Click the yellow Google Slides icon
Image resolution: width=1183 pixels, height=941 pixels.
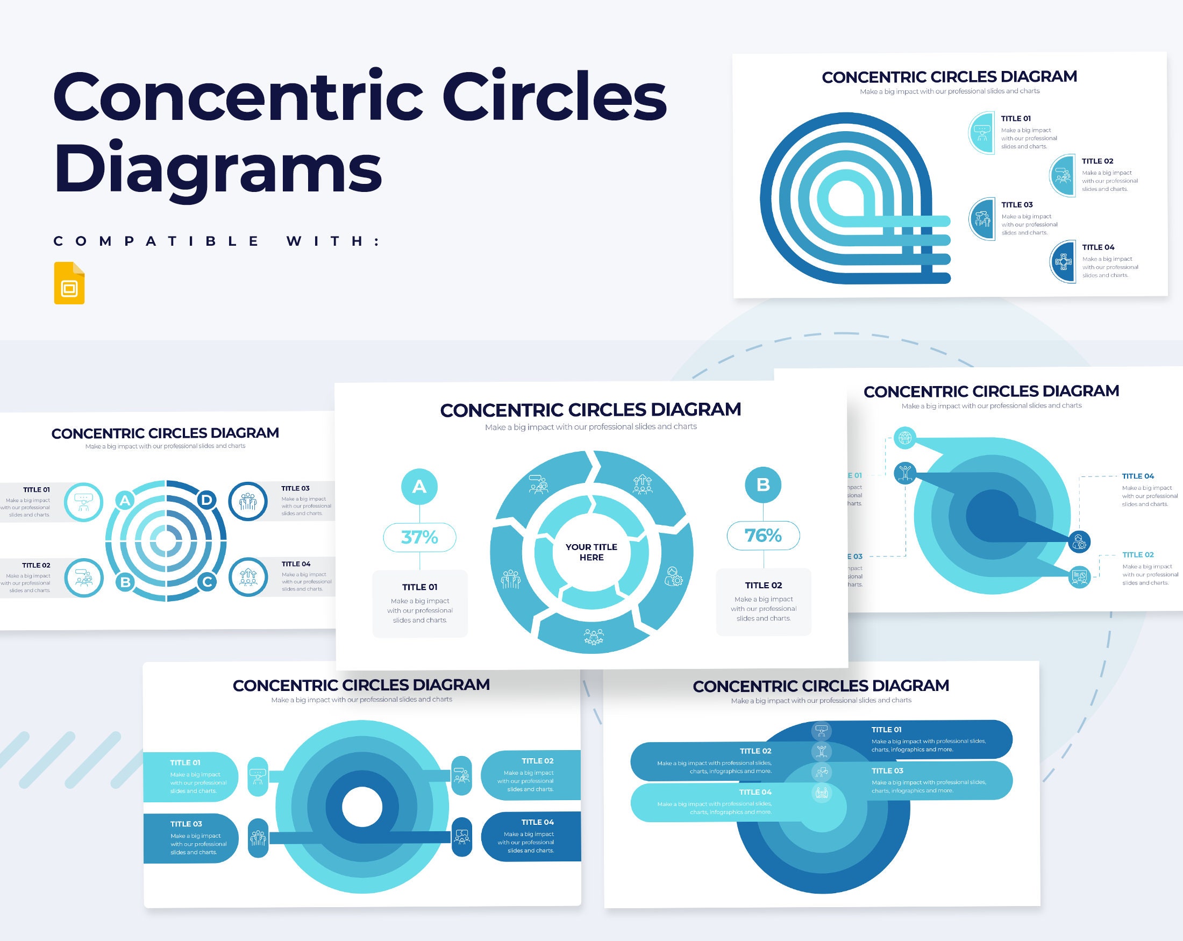[69, 283]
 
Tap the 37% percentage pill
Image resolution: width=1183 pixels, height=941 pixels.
[419, 537]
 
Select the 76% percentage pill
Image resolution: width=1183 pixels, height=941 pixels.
[763, 535]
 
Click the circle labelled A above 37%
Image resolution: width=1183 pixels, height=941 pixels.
[419, 486]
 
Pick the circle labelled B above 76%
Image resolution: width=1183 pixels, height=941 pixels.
[763, 485]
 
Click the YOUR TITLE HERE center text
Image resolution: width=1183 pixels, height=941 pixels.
[591, 552]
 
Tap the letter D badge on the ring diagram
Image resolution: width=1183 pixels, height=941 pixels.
[207, 500]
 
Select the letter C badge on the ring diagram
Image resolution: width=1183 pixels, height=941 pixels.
[208, 582]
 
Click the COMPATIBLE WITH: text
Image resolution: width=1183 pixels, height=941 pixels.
[217, 241]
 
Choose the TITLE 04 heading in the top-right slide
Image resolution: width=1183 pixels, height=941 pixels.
[1098, 247]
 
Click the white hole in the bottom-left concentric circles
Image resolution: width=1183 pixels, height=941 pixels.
[361, 807]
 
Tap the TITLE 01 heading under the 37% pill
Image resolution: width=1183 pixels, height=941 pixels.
[420, 587]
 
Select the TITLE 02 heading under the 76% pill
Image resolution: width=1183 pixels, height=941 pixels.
[763, 586]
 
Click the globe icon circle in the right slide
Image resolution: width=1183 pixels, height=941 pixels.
[905, 438]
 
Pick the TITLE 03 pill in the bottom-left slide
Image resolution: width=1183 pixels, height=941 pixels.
[191, 838]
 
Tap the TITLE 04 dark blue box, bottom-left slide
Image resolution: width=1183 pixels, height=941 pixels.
[531, 836]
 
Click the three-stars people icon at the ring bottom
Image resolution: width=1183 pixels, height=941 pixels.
[593, 637]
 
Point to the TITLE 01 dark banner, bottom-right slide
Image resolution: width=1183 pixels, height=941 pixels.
[933, 739]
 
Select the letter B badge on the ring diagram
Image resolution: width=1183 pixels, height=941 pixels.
[125, 582]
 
